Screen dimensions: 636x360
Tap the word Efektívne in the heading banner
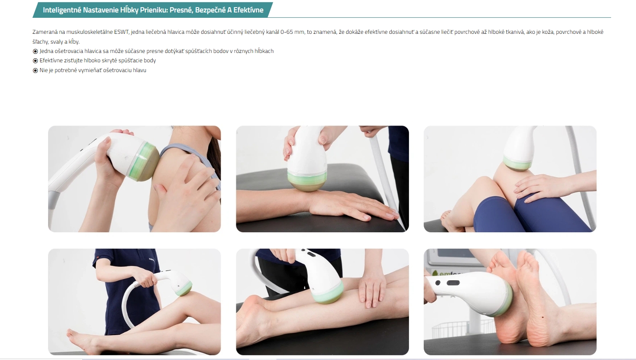[x=248, y=10]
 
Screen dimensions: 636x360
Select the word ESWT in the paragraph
[x=122, y=32]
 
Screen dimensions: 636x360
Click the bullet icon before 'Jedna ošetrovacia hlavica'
[x=35, y=51]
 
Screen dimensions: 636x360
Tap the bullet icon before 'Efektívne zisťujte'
[x=35, y=61]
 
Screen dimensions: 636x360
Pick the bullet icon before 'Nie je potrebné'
[x=35, y=70]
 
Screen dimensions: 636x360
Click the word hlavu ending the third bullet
[x=139, y=70]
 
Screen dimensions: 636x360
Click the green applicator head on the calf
[x=328, y=294]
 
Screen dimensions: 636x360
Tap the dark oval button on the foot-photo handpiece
[x=453, y=283]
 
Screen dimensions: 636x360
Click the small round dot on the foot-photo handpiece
[x=438, y=283]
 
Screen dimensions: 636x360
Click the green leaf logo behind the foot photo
[x=435, y=273]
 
